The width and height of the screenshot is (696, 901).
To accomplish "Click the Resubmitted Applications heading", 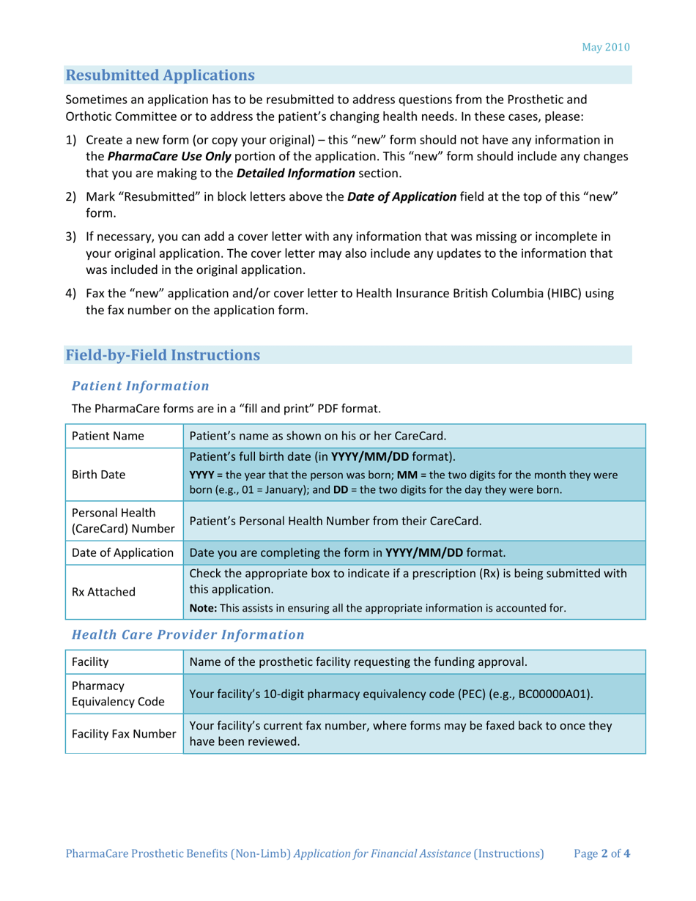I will point(160,75).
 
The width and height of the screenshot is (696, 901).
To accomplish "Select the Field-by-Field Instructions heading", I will point(162,355).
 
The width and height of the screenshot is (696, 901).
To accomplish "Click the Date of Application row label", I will point(121,552).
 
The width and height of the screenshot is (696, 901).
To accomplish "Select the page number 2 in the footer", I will point(605,853).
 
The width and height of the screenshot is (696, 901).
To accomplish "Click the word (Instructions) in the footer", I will point(509,853).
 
